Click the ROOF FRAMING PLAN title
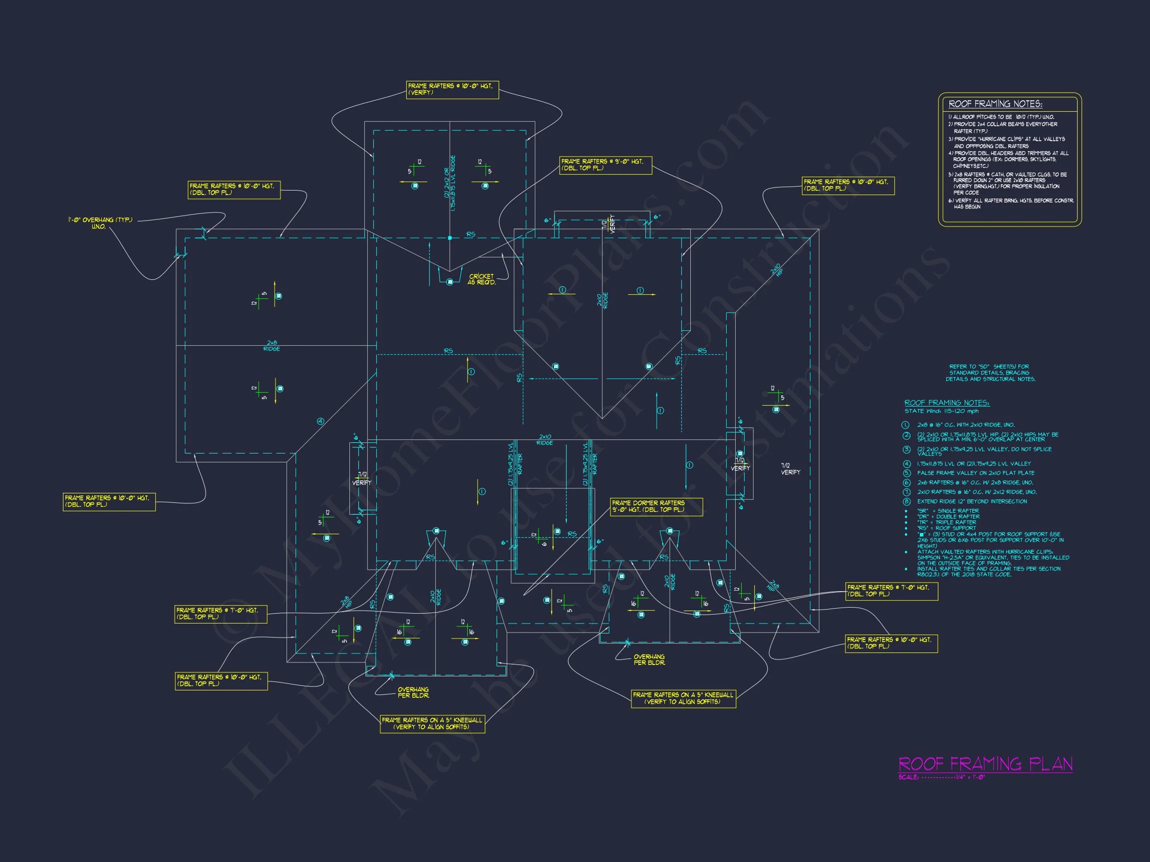pyautogui.click(x=985, y=764)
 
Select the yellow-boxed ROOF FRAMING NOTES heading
pyautogui.click(x=995, y=104)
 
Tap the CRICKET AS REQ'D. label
pyautogui.click(x=482, y=279)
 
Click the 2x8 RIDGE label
pyautogui.click(x=272, y=346)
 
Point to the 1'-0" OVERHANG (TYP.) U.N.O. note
pyautogui.click(x=100, y=223)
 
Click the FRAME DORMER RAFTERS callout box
pyautogui.click(x=656, y=507)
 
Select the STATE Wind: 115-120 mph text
pyautogui.click(x=941, y=411)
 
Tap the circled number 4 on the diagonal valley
pyautogui.click(x=321, y=422)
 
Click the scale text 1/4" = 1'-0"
pyautogui.click(x=970, y=778)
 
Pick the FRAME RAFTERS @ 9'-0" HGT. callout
pyautogui.click(x=605, y=165)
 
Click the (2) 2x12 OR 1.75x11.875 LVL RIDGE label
pyautogui.click(x=450, y=183)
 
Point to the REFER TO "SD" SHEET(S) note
pyautogui.click(x=990, y=373)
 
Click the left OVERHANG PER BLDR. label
pyautogui.click(x=413, y=692)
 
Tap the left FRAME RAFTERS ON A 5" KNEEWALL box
pyautogui.click(x=432, y=723)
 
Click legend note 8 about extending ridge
pyautogui.click(x=972, y=501)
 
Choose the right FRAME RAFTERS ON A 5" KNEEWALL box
pyautogui.click(x=683, y=698)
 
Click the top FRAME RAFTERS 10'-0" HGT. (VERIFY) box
pyautogui.click(x=452, y=89)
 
